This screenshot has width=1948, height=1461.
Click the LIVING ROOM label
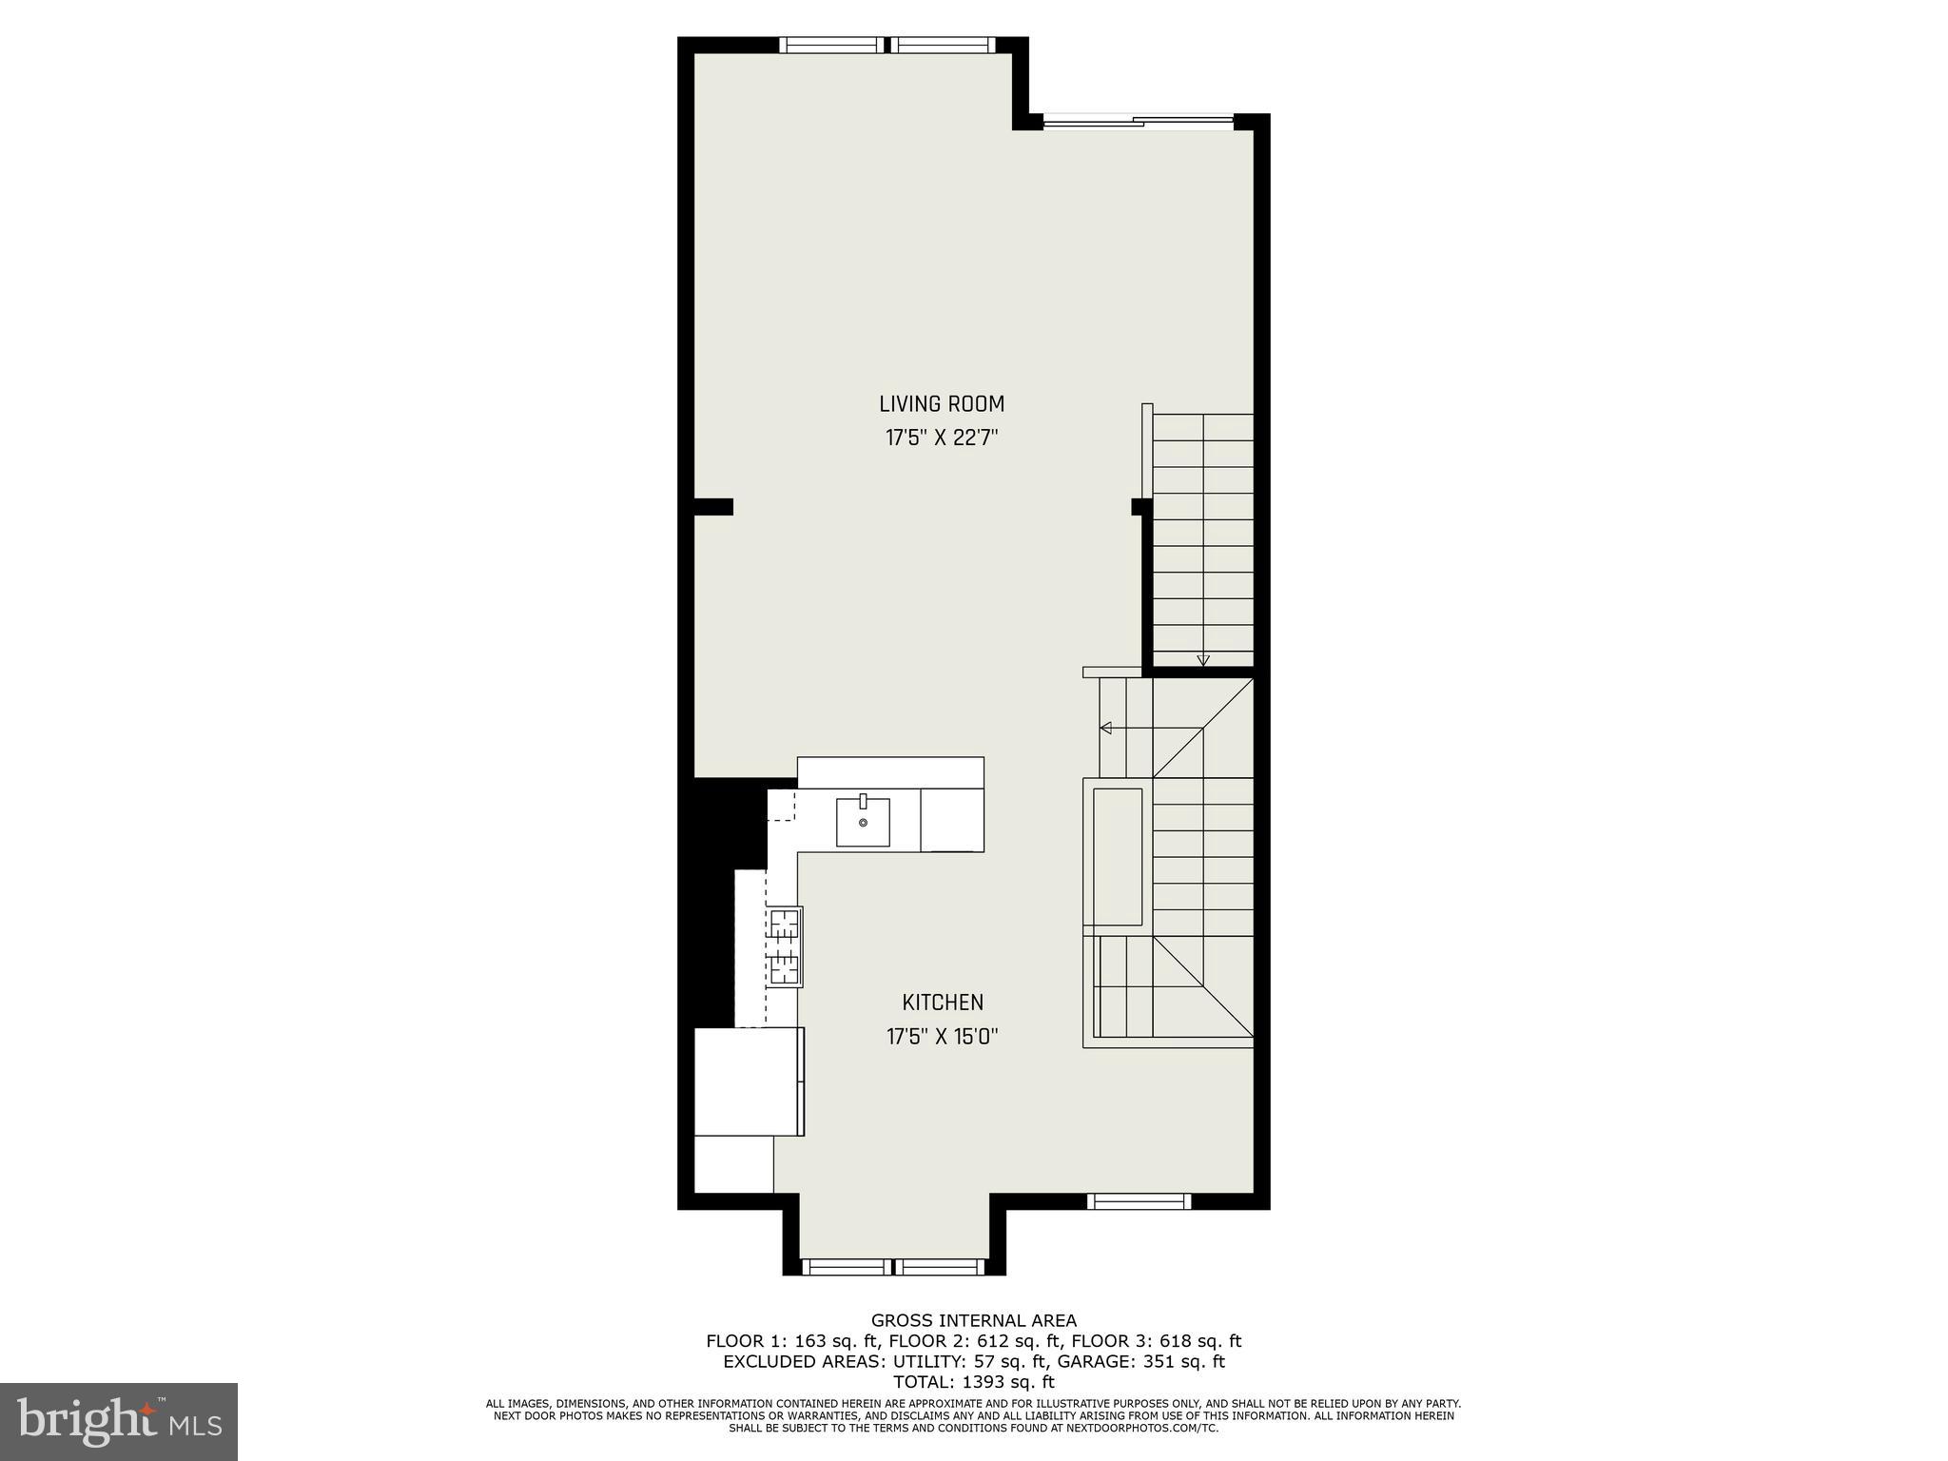point(941,404)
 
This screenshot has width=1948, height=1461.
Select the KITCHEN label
point(942,1003)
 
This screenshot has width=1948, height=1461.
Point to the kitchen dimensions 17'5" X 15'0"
point(942,1037)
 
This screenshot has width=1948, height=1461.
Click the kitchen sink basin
point(863,823)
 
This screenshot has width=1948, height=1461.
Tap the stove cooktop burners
point(785,946)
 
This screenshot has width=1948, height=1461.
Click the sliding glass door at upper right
point(1139,121)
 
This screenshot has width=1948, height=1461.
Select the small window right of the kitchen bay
point(1139,1201)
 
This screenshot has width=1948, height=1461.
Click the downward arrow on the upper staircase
point(1203,659)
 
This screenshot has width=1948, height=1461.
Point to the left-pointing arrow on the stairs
point(1106,729)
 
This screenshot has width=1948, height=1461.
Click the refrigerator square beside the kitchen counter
point(749,1081)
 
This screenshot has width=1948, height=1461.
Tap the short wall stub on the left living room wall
point(713,507)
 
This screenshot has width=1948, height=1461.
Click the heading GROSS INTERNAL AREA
point(973,1320)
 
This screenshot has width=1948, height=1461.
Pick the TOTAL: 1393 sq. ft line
point(973,1382)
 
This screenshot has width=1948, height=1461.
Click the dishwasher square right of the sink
point(951,820)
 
